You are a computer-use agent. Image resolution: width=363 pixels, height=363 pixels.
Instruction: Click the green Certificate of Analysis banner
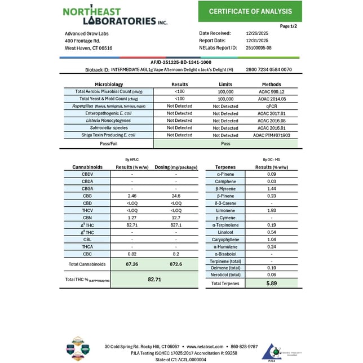(x=250, y=11)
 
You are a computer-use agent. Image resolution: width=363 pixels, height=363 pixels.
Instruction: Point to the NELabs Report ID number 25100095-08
(x=259, y=48)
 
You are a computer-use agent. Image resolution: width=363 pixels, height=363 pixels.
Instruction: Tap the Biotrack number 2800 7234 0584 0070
(x=269, y=69)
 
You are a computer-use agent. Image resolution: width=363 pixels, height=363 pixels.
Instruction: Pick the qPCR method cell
(x=273, y=106)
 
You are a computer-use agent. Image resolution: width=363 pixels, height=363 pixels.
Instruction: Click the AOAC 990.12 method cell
(x=273, y=91)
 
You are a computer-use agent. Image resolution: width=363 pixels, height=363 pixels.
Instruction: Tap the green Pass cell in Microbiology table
(x=225, y=144)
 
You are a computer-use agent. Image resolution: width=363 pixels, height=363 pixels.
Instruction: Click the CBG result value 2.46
(x=131, y=196)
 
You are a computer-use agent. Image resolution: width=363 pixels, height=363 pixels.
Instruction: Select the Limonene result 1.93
(x=271, y=210)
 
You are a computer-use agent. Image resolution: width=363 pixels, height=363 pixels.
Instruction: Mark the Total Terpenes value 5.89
(x=272, y=284)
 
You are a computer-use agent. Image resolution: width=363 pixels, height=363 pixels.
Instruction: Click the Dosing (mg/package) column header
(x=175, y=167)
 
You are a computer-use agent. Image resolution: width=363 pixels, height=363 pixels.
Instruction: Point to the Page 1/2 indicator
(x=289, y=26)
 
